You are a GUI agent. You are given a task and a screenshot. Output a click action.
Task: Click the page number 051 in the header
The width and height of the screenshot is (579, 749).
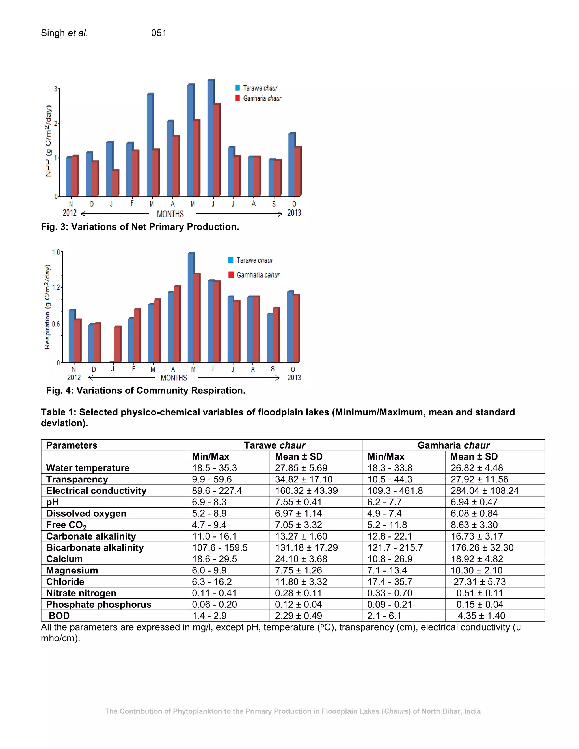click(159, 33)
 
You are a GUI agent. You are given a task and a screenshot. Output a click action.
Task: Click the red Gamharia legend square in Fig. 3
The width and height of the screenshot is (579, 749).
click(237, 98)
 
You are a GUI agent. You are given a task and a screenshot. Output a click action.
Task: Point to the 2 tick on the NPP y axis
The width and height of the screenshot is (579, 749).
click(56, 124)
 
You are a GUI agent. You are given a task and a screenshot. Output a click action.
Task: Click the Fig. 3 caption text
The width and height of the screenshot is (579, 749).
click(140, 227)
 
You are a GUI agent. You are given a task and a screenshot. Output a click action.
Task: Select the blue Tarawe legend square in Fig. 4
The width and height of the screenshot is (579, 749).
click(231, 260)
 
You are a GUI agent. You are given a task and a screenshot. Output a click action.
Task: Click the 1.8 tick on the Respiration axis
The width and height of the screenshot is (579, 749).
click(56, 252)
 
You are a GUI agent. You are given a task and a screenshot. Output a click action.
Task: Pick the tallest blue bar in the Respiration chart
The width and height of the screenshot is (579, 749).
click(191, 307)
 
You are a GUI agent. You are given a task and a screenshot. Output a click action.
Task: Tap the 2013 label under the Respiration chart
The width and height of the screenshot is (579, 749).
click(294, 378)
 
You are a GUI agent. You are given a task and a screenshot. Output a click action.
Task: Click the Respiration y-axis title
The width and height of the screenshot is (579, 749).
click(47, 307)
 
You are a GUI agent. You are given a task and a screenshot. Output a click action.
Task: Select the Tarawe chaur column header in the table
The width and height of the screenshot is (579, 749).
click(275, 445)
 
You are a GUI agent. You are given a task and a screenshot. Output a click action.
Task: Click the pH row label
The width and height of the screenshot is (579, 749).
click(53, 502)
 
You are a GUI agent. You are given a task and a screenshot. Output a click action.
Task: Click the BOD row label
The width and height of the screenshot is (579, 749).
click(59, 616)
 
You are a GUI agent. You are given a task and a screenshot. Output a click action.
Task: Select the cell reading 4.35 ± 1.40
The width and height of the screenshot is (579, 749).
click(481, 616)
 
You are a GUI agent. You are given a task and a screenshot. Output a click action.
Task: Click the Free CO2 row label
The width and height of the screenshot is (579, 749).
click(66, 525)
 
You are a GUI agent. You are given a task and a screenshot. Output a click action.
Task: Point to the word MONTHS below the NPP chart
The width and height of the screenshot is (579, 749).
click(170, 214)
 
